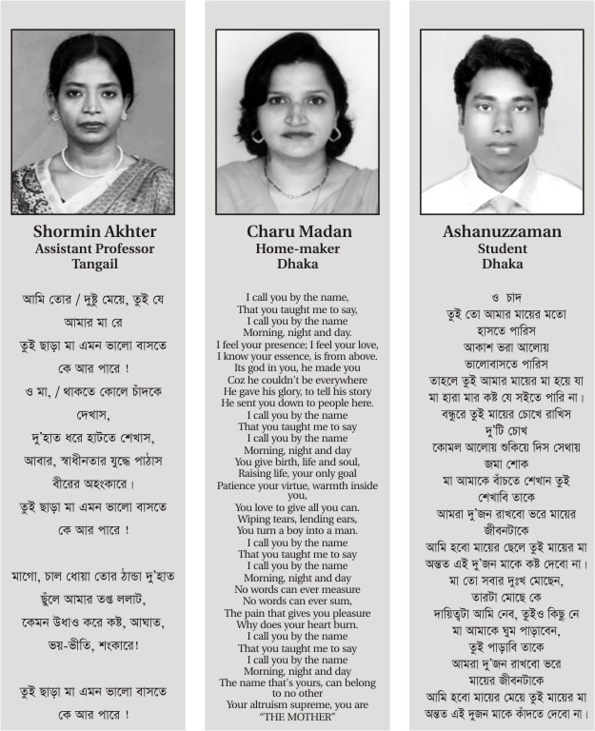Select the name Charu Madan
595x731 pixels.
297,231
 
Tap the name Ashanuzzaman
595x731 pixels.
502,231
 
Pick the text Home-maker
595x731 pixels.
297,248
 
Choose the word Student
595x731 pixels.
502,248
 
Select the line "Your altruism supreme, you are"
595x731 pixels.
297,704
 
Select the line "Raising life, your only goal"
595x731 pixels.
297,472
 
